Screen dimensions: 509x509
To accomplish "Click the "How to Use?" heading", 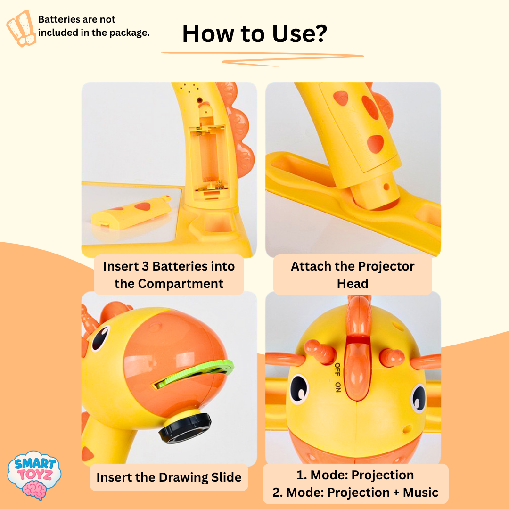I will click(254, 33).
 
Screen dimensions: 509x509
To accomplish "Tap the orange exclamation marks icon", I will click(21, 28).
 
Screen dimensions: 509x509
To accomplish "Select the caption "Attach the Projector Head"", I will click(353, 275).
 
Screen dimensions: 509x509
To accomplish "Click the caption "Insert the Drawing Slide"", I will click(169, 477).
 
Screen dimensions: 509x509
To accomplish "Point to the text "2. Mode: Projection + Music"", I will click(355, 493).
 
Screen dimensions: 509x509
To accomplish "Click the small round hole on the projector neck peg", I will click(386, 186).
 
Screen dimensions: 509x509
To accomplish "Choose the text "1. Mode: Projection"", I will click(355, 475).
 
